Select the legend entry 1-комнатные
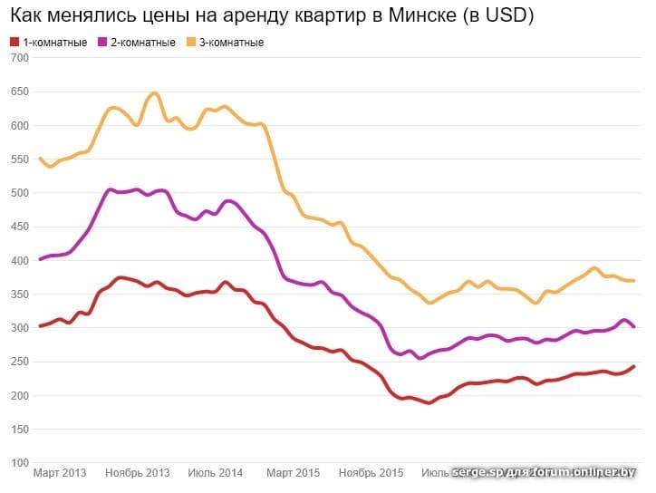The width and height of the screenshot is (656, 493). (x=55, y=43)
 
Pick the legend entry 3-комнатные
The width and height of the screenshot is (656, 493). (x=230, y=43)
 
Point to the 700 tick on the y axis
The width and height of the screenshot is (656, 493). (x=20, y=58)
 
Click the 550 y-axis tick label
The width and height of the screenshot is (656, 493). (x=20, y=159)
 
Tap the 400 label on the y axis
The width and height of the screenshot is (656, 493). (x=20, y=261)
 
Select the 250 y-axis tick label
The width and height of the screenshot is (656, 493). (x=20, y=362)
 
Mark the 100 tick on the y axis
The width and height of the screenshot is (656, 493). (x=20, y=464)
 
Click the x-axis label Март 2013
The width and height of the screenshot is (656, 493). (x=60, y=473)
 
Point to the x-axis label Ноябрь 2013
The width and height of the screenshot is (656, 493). (x=138, y=473)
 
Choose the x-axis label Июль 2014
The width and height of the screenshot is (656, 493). (x=216, y=473)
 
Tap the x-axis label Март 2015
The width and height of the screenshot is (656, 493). (x=294, y=473)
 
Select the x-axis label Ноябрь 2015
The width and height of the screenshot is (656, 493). (x=371, y=473)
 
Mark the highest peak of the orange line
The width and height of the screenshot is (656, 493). (x=155, y=93)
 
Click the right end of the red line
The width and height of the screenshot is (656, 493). (x=633, y=366)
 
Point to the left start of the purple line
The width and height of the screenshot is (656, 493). (x=40, y=259)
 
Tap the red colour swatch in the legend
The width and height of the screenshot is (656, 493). (x=14, y=43)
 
